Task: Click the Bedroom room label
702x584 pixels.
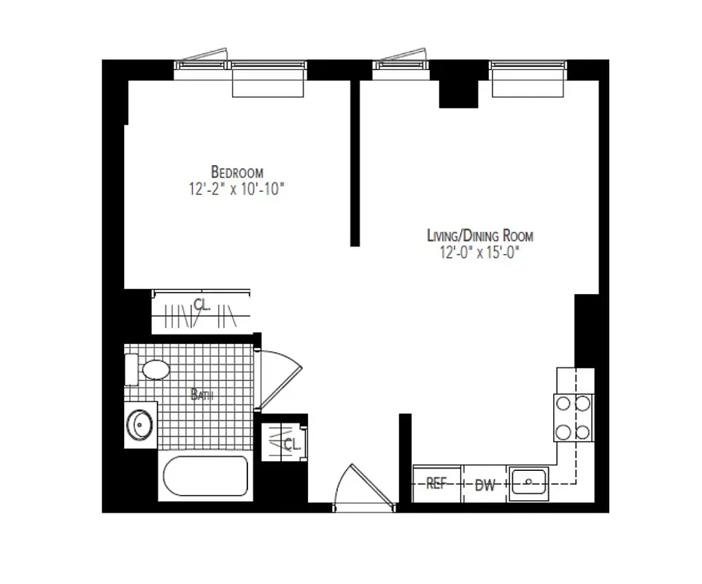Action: point(237,172)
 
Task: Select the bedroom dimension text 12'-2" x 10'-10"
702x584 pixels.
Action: point(235,189)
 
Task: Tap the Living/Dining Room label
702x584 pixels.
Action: point(479,236)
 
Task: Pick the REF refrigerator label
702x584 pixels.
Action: point(436,484)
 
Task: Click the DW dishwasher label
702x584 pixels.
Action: point(485,485)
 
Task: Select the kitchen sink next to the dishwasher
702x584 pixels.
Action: point(529,483)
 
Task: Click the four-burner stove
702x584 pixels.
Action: point(573,418)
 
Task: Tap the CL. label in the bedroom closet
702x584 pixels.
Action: point(202,305)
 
